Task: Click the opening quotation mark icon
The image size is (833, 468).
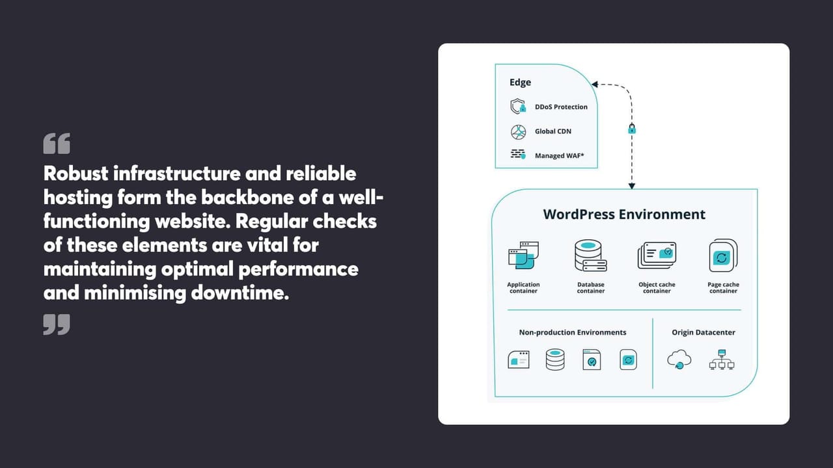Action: pyautogui.click(x=57, y=144)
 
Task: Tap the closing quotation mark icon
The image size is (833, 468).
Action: pyautogui.click(x=57, y=324)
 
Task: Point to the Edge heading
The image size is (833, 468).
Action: pyautogui.click(x=520, y=83)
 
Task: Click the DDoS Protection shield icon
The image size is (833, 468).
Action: pyautogui.click(x=518, y=107)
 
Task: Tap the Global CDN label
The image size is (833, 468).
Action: pyautogui.click(x=553, y=131)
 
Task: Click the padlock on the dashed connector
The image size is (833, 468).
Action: pyautogui.click(x=631, y=129)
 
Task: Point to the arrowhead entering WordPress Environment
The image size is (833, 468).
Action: pyautogui.click(x=631, y=185)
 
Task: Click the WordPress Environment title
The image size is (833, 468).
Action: pyautogui.click(x=624, y=214)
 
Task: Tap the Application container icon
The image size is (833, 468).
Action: pyautogui.click(x=523, y=255)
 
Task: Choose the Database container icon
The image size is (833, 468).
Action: pyautogui.click(x=590, y=255)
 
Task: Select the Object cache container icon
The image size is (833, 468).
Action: pyautogui.click(x=657, y=255)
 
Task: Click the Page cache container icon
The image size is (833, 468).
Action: pyautogui.click(x=722, y=255)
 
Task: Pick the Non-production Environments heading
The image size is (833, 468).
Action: pyautogui.click(x=572, y=332)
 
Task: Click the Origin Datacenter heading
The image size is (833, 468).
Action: pyautogui.click(x=703, y=332)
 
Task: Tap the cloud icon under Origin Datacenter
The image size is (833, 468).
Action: pyautogui.click(x=679, y=359)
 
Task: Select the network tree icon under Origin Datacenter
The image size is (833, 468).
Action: pyautogui.click(x=721, y=359)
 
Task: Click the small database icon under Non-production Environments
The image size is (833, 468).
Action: pyautogui.click(x=555, y=359)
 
